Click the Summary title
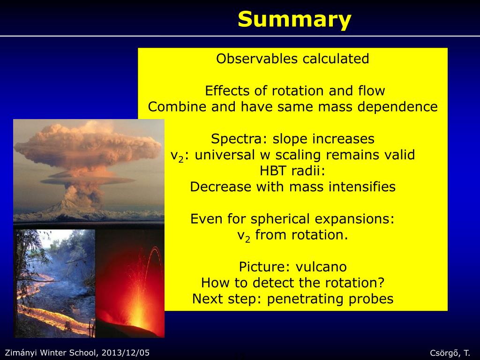click(x=294, y=20)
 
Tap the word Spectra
click(x=237, y=139)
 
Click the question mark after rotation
click(x=381, y=283)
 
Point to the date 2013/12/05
click(x=126, y=352)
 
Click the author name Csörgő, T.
click(x=450, y=353)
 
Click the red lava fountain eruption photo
click(x=130, y=284)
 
